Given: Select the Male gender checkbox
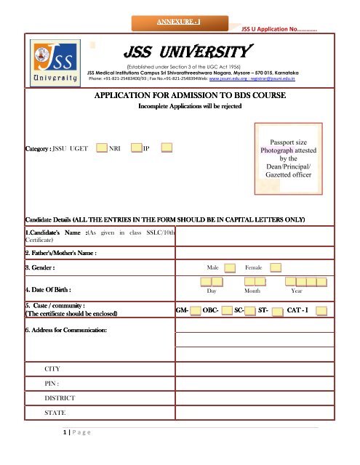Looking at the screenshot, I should pyautogui.click(x=230, y=268).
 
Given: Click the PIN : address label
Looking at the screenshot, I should pyautogui.click(x=54, y=384).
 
